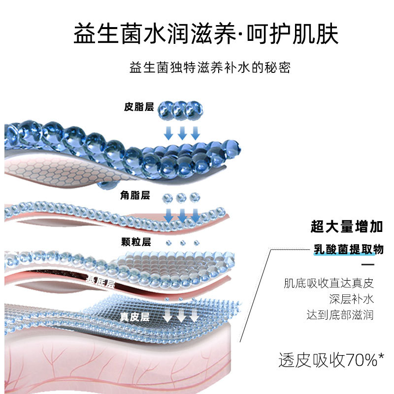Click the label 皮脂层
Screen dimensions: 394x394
(x=139, y=107)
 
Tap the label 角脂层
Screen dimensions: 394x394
(x=135, y=196)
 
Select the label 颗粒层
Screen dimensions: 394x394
(x=135, y=241)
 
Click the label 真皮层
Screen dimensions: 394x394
(x=134, y=317)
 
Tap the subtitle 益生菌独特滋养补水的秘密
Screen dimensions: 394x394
(x=209, y=67)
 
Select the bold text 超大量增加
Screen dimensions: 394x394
(x=347, y=227)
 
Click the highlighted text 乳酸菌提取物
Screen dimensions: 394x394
(x=348, y=250)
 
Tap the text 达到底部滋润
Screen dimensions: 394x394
(x=340, y=314)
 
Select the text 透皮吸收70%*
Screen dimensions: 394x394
(x=331, y=361)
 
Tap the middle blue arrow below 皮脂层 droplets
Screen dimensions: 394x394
(x=182, y=132)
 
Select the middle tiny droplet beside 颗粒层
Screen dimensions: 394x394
(x=182, y=242)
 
